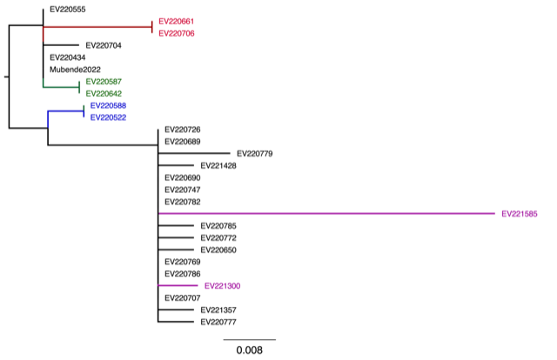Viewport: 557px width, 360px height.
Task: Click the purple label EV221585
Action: pyautogui.click(x=520, y=214)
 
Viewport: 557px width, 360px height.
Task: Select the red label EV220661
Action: pyautogui.click(x=177, y=21)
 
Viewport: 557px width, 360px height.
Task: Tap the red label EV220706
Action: pyautogui.click(x=177, y=33)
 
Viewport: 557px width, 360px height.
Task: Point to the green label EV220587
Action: pyautogui.click(x=104, y=81)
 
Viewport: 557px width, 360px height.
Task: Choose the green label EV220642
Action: pyautogui.click(x=104, y=93)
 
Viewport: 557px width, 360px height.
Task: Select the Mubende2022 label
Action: pyautogui.click(x=76, y=70)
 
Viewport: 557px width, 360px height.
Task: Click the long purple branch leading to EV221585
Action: pyautogui.click(x=322, y=214)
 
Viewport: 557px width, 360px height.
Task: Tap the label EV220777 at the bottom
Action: pyautogui.click(x=218, y=322)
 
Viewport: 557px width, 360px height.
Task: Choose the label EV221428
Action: pyautogui.click(x=218, y=165)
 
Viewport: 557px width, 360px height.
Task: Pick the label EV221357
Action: pyautogui.click(x=218, y=310)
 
